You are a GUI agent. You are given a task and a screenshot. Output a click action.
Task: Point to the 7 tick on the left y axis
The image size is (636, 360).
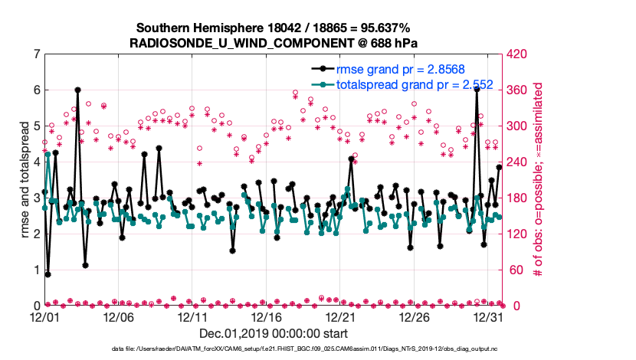click(36, 54)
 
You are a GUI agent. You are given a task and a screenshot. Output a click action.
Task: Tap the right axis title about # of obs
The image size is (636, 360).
click(538, 179)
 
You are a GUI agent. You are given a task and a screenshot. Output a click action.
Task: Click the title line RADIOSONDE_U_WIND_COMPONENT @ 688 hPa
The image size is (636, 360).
click(274, 43)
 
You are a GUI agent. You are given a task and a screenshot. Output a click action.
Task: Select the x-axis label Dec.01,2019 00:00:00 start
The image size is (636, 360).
click(274, 334)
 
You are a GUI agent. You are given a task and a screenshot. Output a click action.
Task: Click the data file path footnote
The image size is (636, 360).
click(274, 349)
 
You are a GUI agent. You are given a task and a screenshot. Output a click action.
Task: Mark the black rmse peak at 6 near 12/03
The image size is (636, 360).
click(77, 90)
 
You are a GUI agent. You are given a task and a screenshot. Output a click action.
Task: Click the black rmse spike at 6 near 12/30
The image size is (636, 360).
click(477, 89)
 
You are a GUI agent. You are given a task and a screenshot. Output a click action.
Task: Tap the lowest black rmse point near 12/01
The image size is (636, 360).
click(48, 273)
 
